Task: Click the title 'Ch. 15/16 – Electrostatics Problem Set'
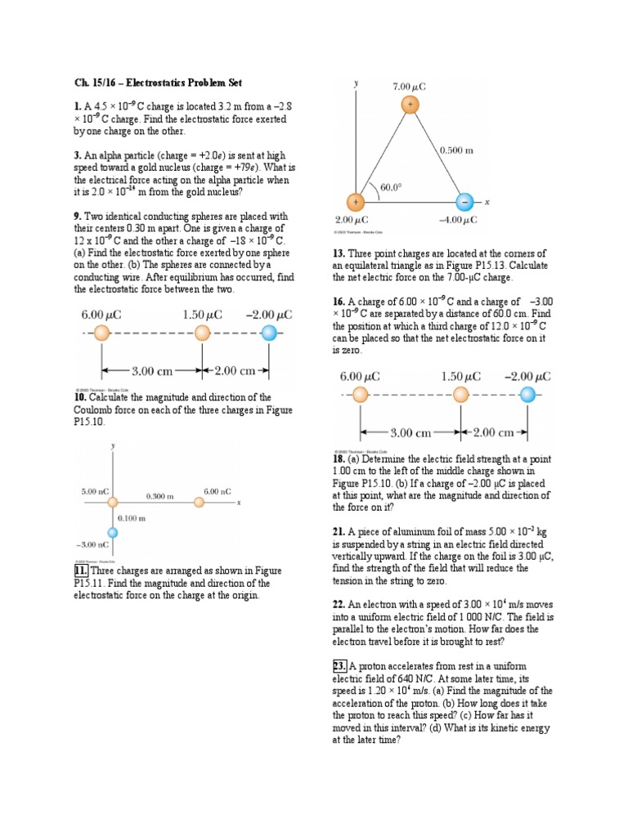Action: click(158, 83)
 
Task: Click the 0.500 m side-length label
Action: click(456, 150)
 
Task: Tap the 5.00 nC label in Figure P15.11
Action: click(96, 491)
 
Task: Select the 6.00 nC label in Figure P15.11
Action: click(218, 491)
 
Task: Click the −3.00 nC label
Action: click(92, 544)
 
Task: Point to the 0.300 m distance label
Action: click(160, 496)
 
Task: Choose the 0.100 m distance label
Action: click(131, 518)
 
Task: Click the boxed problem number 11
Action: click(81, 571)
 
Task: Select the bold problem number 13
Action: click(339, 254)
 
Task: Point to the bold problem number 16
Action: click(339, 302)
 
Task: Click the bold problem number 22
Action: click(339, 604)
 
